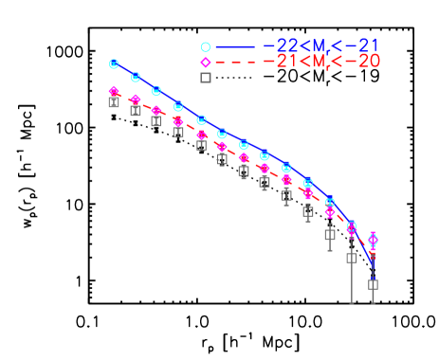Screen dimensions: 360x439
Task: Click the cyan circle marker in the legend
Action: coord(205,46)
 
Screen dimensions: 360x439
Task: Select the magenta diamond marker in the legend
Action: coord(205,63)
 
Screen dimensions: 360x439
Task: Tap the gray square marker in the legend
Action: coord(205,78)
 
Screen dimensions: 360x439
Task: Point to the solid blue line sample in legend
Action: coord(235,46)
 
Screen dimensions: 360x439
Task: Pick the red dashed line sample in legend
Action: coord(235,63)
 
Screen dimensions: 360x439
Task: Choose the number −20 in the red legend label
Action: coord(365,62)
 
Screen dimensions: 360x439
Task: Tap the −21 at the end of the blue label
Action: coord(365,45)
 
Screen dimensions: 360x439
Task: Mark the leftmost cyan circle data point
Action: coord(114,63)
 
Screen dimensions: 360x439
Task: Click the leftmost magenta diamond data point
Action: coord(114,92)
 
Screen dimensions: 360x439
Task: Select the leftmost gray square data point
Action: coord(114,101)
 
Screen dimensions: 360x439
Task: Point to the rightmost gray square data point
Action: coord(373,283)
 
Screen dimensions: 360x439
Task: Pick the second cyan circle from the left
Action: coord(136,77)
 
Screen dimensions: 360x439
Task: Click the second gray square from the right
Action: coord(351,257)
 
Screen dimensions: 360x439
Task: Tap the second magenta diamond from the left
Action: coord(136,99)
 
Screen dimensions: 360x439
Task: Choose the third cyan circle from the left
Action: coord(156,91)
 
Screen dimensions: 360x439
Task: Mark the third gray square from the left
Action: coord(156,120)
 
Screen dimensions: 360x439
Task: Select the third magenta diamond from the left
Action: coord(156,111)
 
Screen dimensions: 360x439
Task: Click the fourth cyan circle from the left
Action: coord(178,106)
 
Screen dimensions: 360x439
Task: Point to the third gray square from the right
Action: coord(330,232)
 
